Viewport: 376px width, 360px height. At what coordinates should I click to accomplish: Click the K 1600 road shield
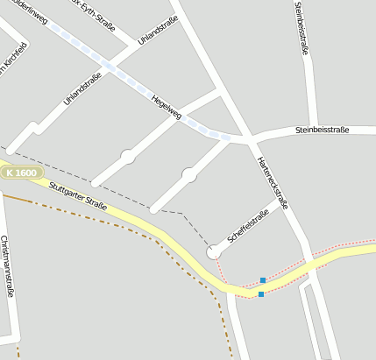click(21, 173)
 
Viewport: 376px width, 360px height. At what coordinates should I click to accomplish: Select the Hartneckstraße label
click(273, 182)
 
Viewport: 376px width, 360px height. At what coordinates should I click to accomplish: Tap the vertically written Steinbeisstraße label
click(302, 28)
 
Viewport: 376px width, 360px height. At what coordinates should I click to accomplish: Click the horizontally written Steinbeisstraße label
click(322, 131)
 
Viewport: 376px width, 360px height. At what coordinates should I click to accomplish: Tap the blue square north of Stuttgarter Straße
click(262, 280)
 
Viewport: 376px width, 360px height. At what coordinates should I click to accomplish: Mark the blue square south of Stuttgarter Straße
click(261, 294)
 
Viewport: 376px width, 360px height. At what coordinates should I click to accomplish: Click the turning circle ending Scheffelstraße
click(213, 252)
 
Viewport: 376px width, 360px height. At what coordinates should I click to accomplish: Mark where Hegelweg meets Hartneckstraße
click(249, 138)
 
